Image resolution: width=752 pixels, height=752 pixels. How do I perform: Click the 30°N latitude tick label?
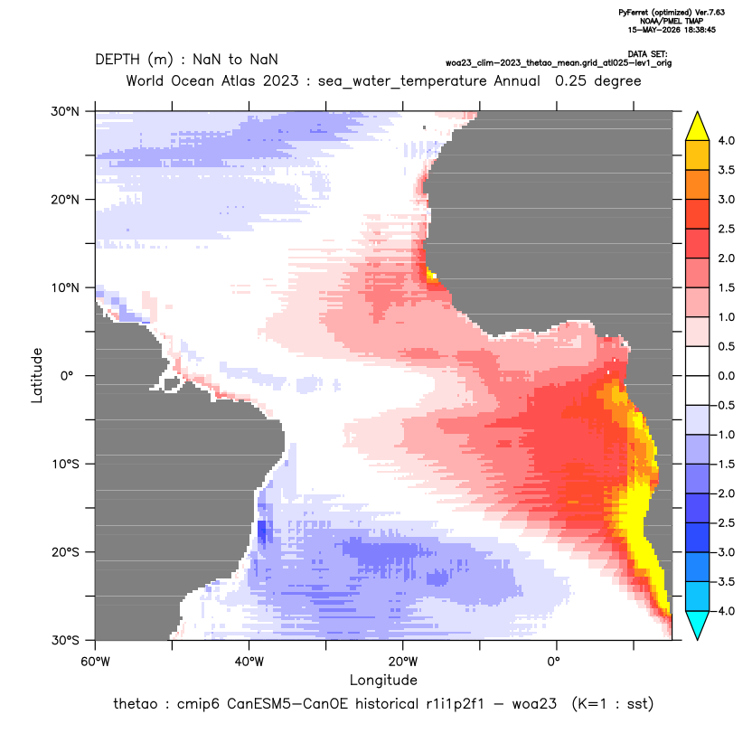[x=65, y=111]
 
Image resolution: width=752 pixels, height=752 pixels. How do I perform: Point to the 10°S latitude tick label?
[x=65, y=465]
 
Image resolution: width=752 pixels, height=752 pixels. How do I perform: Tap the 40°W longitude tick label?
[x=249, y=662]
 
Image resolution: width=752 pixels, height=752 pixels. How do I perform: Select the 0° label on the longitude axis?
[x=553, y=662]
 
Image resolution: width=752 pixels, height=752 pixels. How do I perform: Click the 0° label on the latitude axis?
[x=67, y=376]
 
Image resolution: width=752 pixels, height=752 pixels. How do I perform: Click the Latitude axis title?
[x=37, y=375]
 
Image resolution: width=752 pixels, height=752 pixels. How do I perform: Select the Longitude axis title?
[x=383, y=680]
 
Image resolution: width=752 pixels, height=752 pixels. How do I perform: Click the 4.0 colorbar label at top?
[x=726, y=140]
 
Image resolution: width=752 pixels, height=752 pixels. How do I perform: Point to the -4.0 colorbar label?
[x=724, y=611]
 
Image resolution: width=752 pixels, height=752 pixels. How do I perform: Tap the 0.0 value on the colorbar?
[x=726, y=376]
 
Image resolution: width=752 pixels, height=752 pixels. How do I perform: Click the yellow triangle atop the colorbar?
[x=698, y=126]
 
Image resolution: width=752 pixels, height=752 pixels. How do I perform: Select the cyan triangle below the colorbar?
[x=698, y=625]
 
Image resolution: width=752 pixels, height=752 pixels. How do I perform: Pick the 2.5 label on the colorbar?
[x=726, y=229]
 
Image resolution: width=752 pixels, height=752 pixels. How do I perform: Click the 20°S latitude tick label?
[x=65, y=552]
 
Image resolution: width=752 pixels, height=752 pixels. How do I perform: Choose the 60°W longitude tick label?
[x=96, y=662]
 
